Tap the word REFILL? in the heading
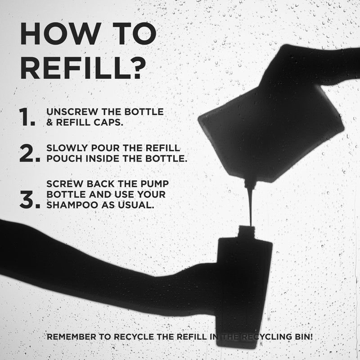tap(83, 68)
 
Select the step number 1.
tap(27, 117)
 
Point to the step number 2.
tap(30, 153)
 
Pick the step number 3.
tap(30, 199)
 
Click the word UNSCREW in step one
tap(72, 112)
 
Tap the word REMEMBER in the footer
tap(72, 337)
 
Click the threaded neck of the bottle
tap(246, 232)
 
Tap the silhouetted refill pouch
tap(271, 133)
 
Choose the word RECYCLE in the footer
tap(134, 337)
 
